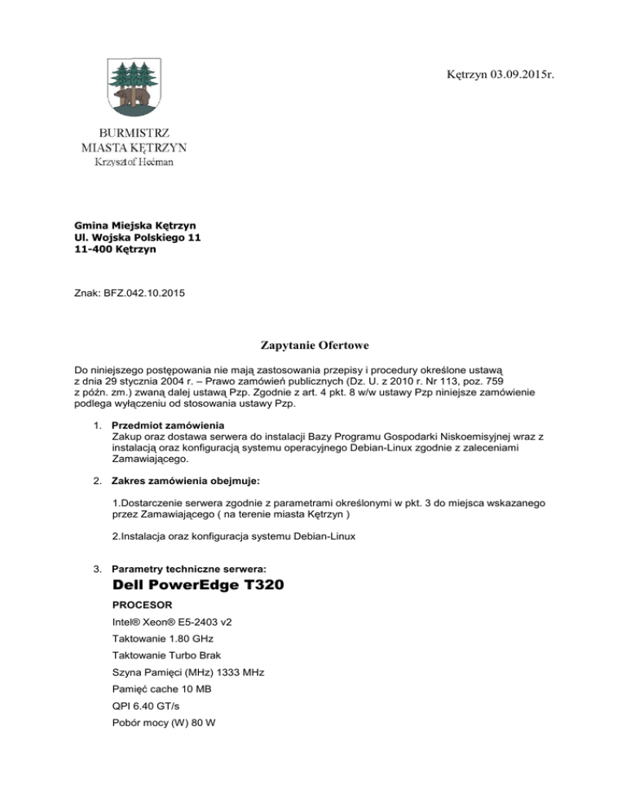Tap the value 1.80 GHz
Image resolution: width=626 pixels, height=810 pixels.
coord(195,670)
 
